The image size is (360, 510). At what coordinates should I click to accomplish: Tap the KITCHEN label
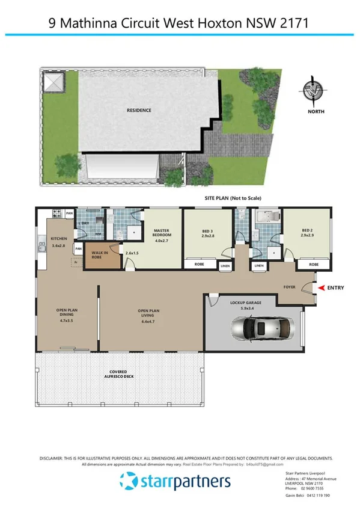coord(58,239)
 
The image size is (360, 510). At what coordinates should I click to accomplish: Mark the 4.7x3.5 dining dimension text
coord(67,321)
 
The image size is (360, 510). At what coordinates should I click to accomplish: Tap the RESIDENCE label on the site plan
coord(139,110)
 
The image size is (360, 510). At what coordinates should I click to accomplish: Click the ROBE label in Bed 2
coord(314,265)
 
